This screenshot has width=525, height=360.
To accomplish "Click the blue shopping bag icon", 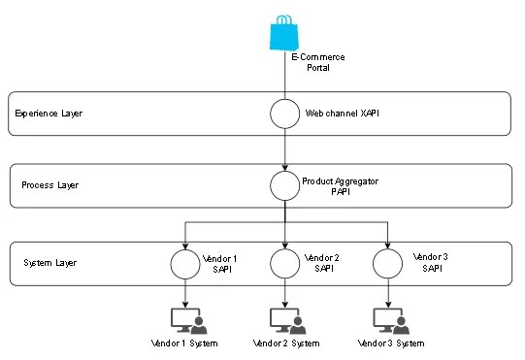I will (284, 35).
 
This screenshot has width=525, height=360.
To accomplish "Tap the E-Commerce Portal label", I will (318, 63).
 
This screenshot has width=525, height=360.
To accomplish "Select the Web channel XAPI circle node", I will (284, 114).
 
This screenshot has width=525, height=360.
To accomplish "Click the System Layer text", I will (48, 263).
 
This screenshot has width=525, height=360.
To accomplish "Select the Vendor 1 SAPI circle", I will (184, 264).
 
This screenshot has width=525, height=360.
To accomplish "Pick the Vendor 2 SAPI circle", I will (284, 264).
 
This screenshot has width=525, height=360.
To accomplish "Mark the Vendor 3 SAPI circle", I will (388, 264).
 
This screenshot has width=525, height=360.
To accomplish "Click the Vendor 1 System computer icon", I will (185, 319).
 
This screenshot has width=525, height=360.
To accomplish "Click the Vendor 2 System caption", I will (285, 344).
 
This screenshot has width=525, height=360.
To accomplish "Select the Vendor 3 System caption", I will (391, 344).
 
